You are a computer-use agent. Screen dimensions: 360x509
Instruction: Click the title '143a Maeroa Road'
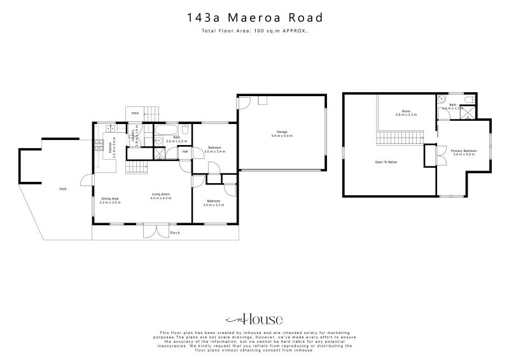(x=254, y=18)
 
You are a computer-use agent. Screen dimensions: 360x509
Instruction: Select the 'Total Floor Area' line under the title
(x=254, y=31)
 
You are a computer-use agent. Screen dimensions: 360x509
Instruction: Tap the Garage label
(x=281, y=134)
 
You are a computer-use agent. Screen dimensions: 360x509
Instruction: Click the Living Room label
(x=161, y=196)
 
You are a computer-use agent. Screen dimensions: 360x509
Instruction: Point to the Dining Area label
(x=110, y=200)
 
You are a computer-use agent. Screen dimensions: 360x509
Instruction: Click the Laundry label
(x=135, y=138)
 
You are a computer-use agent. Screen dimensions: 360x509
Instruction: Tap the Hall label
(x=185, y=151)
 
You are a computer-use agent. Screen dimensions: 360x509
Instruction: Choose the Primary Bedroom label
(x=464, y=152)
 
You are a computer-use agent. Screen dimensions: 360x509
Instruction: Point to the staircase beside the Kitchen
(x=137, y=167)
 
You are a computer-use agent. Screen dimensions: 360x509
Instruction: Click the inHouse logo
(x=254, y=319)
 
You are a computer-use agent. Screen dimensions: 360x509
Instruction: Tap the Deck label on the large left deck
(x=62, y=189)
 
